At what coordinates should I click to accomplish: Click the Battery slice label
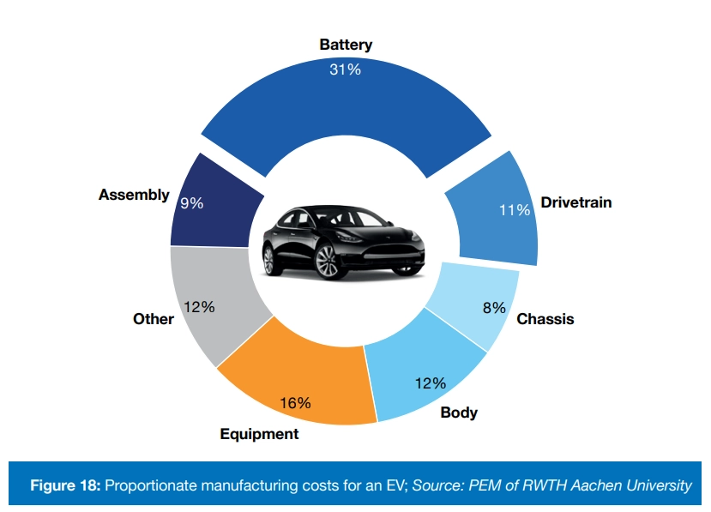[x=346, y=45]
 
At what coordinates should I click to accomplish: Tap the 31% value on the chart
[x=345, y=69]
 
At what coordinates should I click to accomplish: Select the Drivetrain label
[x=575, y=203]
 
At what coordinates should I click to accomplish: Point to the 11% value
[x=514, y=209]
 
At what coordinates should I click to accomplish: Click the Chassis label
[x=545, y=319]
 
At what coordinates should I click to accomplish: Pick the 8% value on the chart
[x=493, y=308]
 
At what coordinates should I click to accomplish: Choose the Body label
[x=459, y=413]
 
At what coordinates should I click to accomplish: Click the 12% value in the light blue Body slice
[x=430, y=383]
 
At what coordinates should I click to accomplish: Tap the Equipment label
[x=259, y=434]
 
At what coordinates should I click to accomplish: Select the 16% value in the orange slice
[x=295, y=403]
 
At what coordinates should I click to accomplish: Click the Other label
[x=154, y=319]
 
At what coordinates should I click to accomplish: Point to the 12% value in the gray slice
[x=199, y=306]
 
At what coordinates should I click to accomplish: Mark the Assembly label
[x=134, y=195]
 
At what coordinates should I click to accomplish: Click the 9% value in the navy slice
[x=191, y=204]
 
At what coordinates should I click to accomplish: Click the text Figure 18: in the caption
[x=66, y=486]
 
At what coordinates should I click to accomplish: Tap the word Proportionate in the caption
[x=157, y=486]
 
